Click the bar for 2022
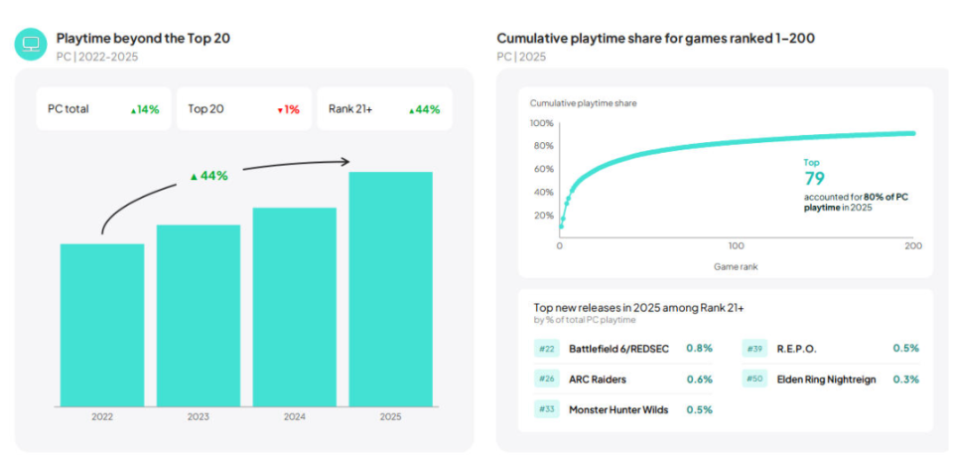(x=101, y=325)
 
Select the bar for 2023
(x=198, y=316)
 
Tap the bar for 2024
(x=294, y=307)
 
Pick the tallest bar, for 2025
(x=390, y=289)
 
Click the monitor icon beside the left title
(x=31, y=44)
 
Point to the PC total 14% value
(x=145, y=109)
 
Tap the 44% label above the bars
(x=209, y=175)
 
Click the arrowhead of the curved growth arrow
(x=345, y=161)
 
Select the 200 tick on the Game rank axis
(x=913, y=244)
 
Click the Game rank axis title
(x=736, y=266)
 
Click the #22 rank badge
(x=547, y=349)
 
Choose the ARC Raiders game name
(x=598, y=379)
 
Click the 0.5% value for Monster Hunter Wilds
(x=699, y=409)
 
